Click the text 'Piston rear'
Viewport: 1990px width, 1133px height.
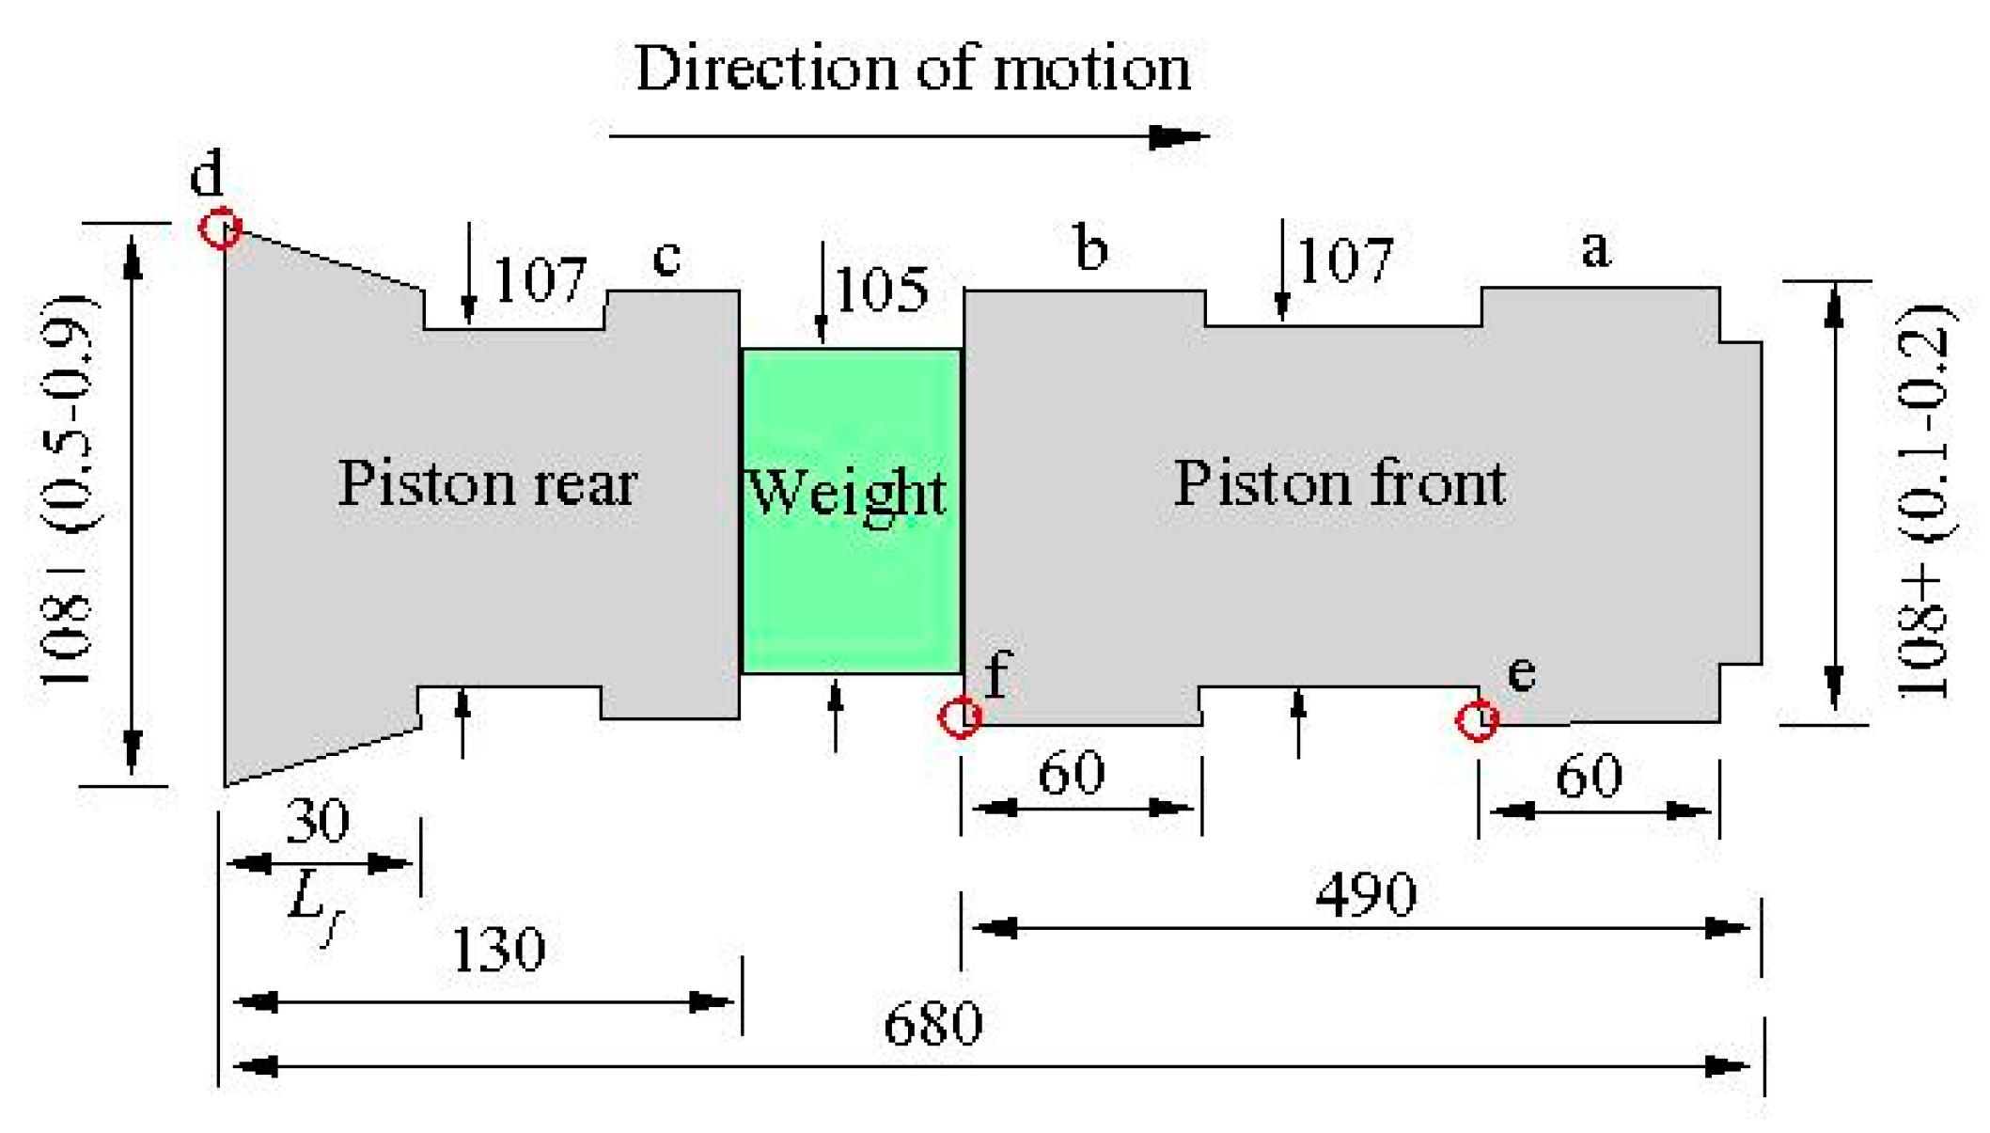click(x=487, y=484)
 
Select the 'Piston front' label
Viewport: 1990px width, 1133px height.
click(x=1340, y=484)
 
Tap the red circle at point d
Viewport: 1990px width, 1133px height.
click(x=221, y=228)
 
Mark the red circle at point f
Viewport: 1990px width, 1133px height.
click(x=960, y=718)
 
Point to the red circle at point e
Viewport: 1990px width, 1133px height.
click(x=1477, y=721)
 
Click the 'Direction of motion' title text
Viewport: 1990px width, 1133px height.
click(x=912, y=69)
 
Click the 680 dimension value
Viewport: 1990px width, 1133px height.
click(x=932, y=1024)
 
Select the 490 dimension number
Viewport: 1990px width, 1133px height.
click(x=1365, y=894)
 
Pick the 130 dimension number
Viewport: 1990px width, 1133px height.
click(x=498, y=949)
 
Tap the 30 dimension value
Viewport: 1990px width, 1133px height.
click(x=318, y=820)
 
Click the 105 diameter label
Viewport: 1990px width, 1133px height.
click(x=881, y=289)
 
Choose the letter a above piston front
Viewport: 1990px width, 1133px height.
click(x=1595, y=249)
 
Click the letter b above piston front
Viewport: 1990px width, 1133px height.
click(x=1090, y=249)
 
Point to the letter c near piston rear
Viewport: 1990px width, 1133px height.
click(x=666, y=257)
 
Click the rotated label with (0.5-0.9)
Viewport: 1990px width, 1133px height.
click(x=68, y=489)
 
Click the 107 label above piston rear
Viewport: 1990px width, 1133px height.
click(x=539, y=279)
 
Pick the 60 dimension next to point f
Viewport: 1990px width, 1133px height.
click(x=1071, y=774)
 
